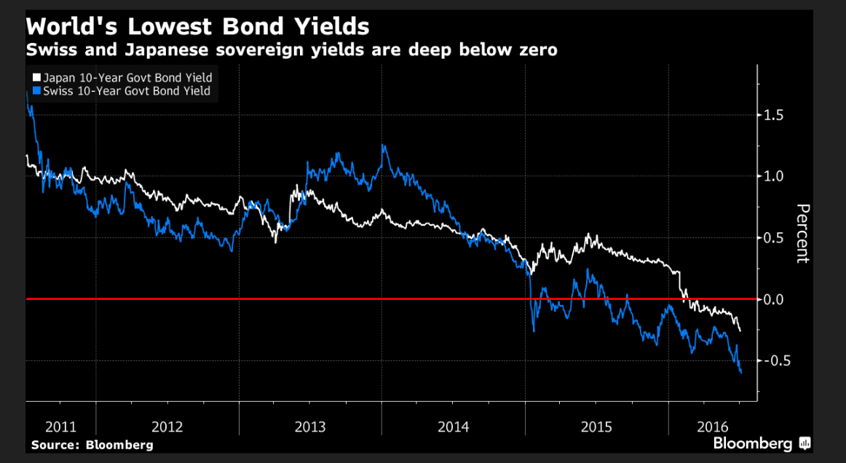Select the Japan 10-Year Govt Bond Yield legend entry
click(x=127, y=78)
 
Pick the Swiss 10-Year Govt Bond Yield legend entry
click(x=127, y=91)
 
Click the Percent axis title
click(x=802, y=234)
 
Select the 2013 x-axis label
click(x=310, y=427)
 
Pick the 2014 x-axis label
click(x=453, y=427)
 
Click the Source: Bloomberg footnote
click(x=92, y=445)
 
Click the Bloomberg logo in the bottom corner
click(x=762, y=443)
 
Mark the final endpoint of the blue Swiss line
click(x=741, y=373)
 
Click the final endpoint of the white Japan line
click(x=740, y=331)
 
